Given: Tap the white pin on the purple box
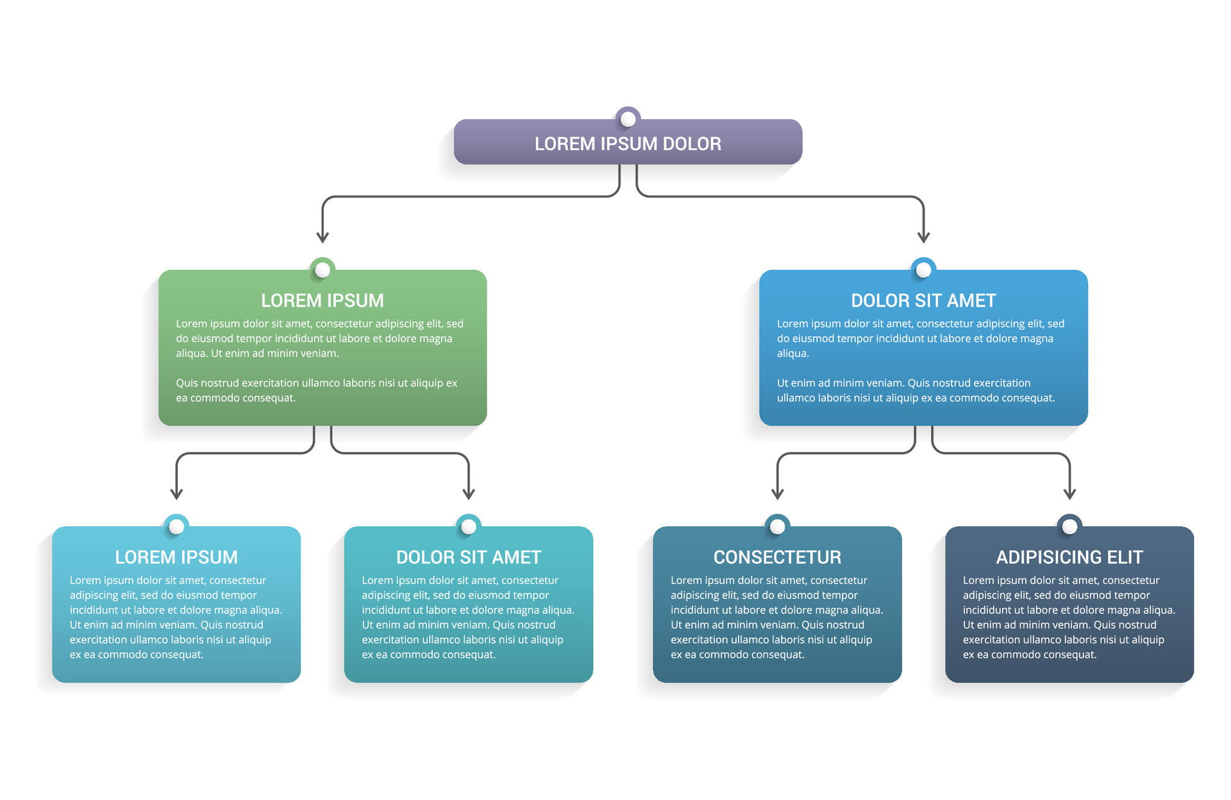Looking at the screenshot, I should [x=628, y=119].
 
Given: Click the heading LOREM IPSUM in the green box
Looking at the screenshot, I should [x=322, y=301].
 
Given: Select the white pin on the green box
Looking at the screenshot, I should [x=322, y=270].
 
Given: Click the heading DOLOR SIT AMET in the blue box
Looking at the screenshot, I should [x=923, y=301].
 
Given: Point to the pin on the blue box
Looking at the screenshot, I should [x=923, y=270].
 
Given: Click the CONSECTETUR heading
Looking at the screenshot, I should [x=777, y=557].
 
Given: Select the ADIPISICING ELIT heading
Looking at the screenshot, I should [x=1069, y=557].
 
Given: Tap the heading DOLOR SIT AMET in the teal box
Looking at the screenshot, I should [x=468, y=557].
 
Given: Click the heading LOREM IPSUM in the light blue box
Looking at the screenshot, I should [x=176, y=557].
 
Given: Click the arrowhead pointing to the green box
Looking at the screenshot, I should [x=322, y=237].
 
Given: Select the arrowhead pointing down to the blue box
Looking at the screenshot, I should [x=923, y=237].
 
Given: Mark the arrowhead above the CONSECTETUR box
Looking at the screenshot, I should [x=777, y=494].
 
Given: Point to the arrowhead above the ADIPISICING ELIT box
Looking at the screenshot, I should [x=1069, y=494].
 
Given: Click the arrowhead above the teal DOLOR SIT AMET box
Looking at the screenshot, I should [x=469, y=494].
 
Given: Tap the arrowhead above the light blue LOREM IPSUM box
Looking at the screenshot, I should [x=176, y=494].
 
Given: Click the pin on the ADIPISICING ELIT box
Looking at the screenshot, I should [x=1069, y=526].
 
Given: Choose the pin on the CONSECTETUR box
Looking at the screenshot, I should [x=777, y=526].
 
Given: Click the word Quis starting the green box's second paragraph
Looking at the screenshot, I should [x=187, y=383].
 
